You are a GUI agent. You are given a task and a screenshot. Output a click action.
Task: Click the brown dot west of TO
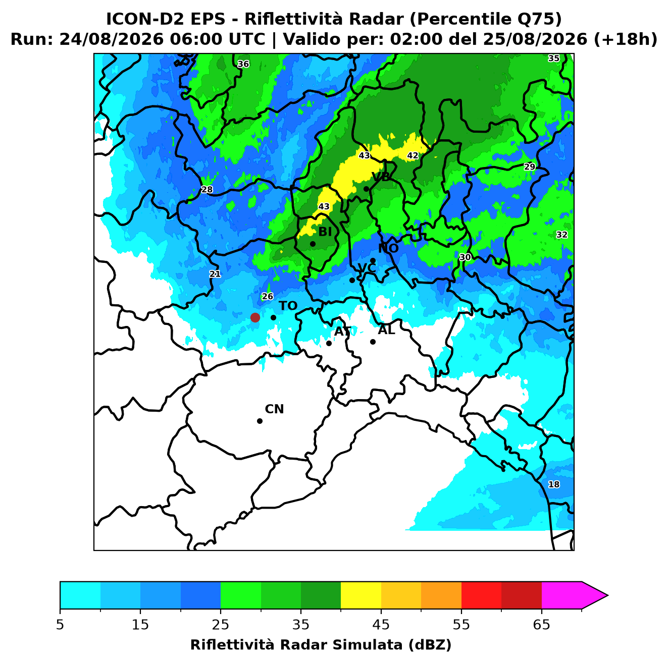coord(255,317)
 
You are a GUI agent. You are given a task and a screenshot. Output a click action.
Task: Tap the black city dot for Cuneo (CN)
coord(260,421)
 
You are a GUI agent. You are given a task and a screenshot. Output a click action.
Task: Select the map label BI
coord(325,232)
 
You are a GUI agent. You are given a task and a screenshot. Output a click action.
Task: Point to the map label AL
coord(387,330)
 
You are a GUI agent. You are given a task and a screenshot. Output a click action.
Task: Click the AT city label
coord(342,332)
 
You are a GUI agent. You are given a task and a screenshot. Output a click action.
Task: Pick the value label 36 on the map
coord(243,64)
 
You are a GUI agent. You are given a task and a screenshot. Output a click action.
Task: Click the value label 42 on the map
coord(413,155)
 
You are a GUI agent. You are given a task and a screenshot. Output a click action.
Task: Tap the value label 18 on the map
coord(553,484)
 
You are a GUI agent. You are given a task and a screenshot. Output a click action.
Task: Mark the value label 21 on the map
coord(215,274)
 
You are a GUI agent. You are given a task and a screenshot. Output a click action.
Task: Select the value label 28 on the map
coord(207,190)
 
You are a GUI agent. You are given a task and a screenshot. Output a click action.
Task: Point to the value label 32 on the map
coord(562,235)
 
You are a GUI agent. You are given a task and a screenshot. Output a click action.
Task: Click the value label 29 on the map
coord(529,167)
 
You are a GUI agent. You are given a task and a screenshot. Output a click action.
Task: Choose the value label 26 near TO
coord(267,296)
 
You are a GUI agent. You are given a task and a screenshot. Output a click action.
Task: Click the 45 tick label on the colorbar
coord(381,625)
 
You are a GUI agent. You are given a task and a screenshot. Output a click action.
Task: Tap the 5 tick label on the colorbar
coord(60,625)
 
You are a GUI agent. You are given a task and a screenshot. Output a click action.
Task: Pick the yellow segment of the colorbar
coord(361,595)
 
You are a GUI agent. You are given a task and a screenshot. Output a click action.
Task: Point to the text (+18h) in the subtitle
coord(625,40)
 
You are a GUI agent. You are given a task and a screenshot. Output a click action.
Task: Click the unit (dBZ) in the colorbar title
coord(430,645)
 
